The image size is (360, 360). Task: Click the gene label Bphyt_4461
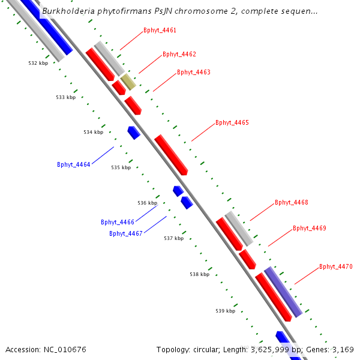(160, 30)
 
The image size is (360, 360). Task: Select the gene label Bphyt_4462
(179, 54)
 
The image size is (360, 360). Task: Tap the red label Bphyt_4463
(193, 72)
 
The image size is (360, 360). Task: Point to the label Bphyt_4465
(232, 122)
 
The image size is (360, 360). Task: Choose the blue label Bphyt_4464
(73, 164)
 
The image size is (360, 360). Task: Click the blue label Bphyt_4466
(117, 222)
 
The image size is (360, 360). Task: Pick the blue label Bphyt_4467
(125, 233)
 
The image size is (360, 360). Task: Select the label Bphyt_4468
(291, 202)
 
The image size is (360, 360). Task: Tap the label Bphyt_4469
(309, 228)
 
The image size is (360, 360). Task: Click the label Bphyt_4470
(335, 266)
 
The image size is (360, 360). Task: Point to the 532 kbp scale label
(38, 63)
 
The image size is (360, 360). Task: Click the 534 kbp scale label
(93, 132)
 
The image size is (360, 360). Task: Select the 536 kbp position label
(147, 203)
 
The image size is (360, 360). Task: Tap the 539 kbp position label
(225, 311)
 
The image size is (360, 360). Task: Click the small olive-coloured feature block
(128, 82)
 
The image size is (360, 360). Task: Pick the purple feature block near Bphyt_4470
(283, 292)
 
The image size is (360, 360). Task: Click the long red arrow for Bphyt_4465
(171, 155)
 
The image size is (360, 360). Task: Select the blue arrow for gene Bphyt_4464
(134, 133)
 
